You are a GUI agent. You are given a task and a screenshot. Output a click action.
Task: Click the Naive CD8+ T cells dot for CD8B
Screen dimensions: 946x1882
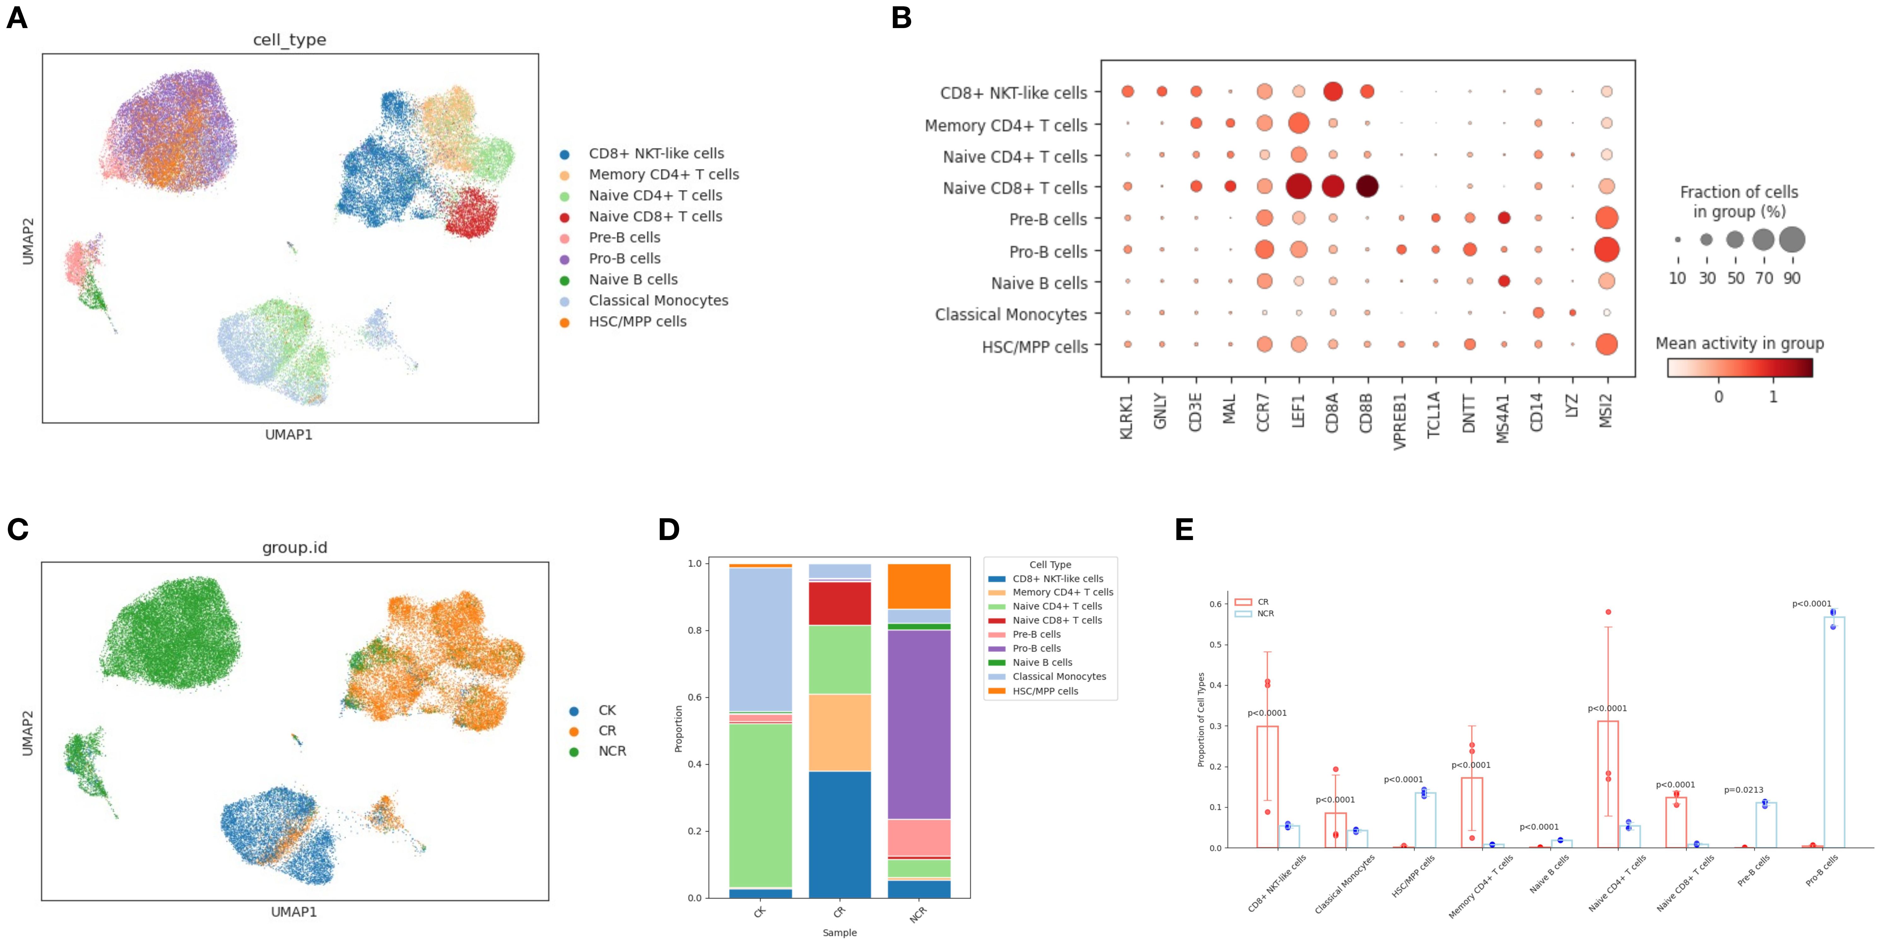[x=1367, y=186]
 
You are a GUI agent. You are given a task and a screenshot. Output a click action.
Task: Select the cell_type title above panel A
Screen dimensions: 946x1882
[x=289, y=39]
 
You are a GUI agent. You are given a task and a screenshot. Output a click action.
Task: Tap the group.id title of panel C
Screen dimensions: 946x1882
[x=295, y=547]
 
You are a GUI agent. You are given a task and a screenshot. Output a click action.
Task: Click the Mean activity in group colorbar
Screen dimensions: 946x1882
[x=1739, y=367]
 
